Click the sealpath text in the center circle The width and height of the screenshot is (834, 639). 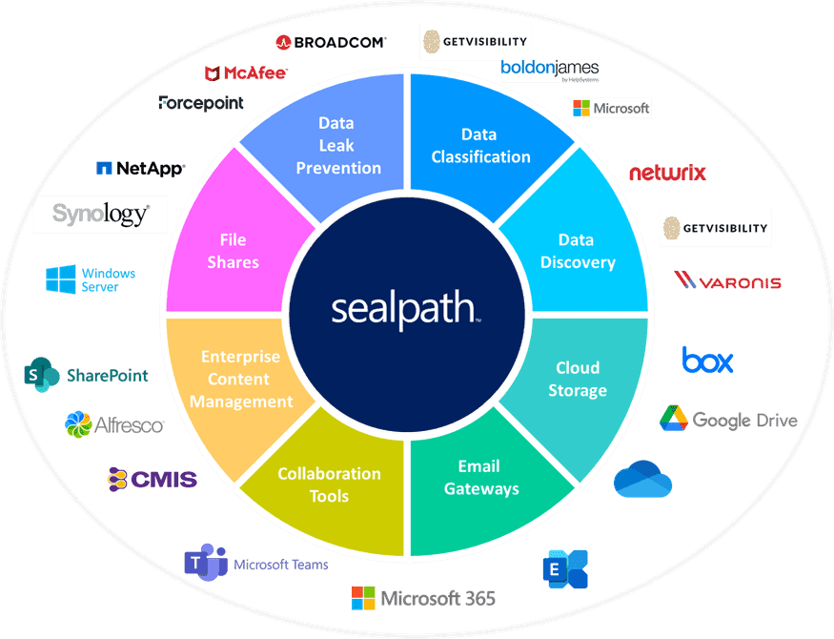(405, 309)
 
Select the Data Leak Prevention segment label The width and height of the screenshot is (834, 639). (337, 146)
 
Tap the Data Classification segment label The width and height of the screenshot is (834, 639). (480, 146)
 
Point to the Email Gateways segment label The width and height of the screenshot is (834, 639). (480, 477)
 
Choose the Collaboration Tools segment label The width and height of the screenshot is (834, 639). (329, 484)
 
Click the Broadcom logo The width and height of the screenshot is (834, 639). (331, 42)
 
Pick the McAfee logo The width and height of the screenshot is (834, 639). (246, 72)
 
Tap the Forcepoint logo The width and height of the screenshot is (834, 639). (201, 103)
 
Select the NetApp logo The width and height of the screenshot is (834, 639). (140, 169)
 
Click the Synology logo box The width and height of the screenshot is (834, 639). (100, 215)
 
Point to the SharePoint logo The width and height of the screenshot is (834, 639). (87, 376)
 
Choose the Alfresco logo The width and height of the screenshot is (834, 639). (113, 424)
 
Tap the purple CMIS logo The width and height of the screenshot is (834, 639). (152, 479)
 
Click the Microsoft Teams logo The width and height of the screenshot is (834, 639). (255, 564)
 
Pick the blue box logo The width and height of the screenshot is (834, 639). (707, 361)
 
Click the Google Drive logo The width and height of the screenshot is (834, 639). (728, 419)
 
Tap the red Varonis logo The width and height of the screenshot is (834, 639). (727, 281)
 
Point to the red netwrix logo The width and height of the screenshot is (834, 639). (667, 173)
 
